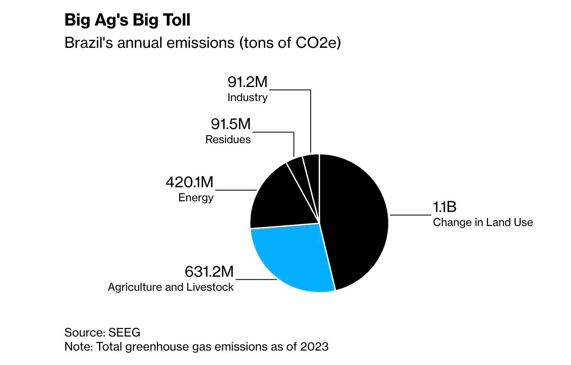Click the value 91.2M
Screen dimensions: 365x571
tap(248, 82)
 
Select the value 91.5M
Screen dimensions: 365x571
tap(231, 124)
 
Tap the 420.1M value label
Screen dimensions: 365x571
tap(189, 182)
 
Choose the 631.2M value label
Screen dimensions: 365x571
tap(209, 272)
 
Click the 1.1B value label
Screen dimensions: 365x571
tap(444, 207)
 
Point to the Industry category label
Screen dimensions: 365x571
tap(248, 97)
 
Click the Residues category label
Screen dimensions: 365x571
tap(228, 139)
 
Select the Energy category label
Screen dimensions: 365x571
tap(196, 198)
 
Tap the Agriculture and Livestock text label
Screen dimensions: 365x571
tap(171, 287)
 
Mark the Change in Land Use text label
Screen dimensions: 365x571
tap(483, 222)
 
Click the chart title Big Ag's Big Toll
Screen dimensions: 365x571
tap(127, 20)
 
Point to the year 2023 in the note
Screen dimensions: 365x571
tap(314, 346)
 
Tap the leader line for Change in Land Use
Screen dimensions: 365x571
tap(411, 215)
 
